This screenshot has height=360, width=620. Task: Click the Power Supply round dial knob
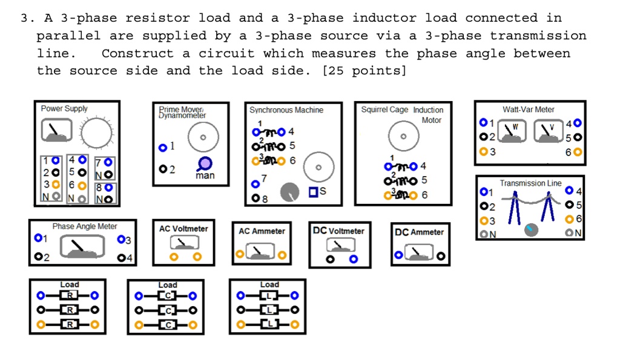point(96,133)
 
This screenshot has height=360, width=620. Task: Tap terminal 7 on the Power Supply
point(108,162)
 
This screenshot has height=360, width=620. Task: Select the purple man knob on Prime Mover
point(205,163)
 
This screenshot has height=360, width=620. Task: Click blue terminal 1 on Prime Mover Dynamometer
point(162,148)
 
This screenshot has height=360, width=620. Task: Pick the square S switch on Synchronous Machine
point(313,192)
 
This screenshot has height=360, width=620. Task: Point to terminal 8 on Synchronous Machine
point(256,198)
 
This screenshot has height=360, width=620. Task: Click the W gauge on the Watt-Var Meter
point(512,131)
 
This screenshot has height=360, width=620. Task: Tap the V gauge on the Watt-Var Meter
point(548,131)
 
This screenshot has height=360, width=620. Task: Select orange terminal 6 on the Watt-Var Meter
point(577,152)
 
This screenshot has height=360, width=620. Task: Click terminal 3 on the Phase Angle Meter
point(121,239)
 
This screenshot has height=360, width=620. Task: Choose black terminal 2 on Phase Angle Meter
point(38,257)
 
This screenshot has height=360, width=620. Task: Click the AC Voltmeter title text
point(183,229)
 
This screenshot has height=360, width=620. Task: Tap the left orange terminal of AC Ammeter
point(240,254)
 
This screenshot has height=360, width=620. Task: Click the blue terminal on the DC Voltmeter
point(354,259)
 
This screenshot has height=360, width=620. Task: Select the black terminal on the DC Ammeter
point(441,256)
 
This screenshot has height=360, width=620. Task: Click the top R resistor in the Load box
point(69,295)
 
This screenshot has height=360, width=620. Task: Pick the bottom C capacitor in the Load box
point(167,325)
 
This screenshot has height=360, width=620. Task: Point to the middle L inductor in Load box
point(269,310)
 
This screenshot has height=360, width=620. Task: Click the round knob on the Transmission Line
point(531,229)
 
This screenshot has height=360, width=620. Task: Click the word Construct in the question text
point(137,53)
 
